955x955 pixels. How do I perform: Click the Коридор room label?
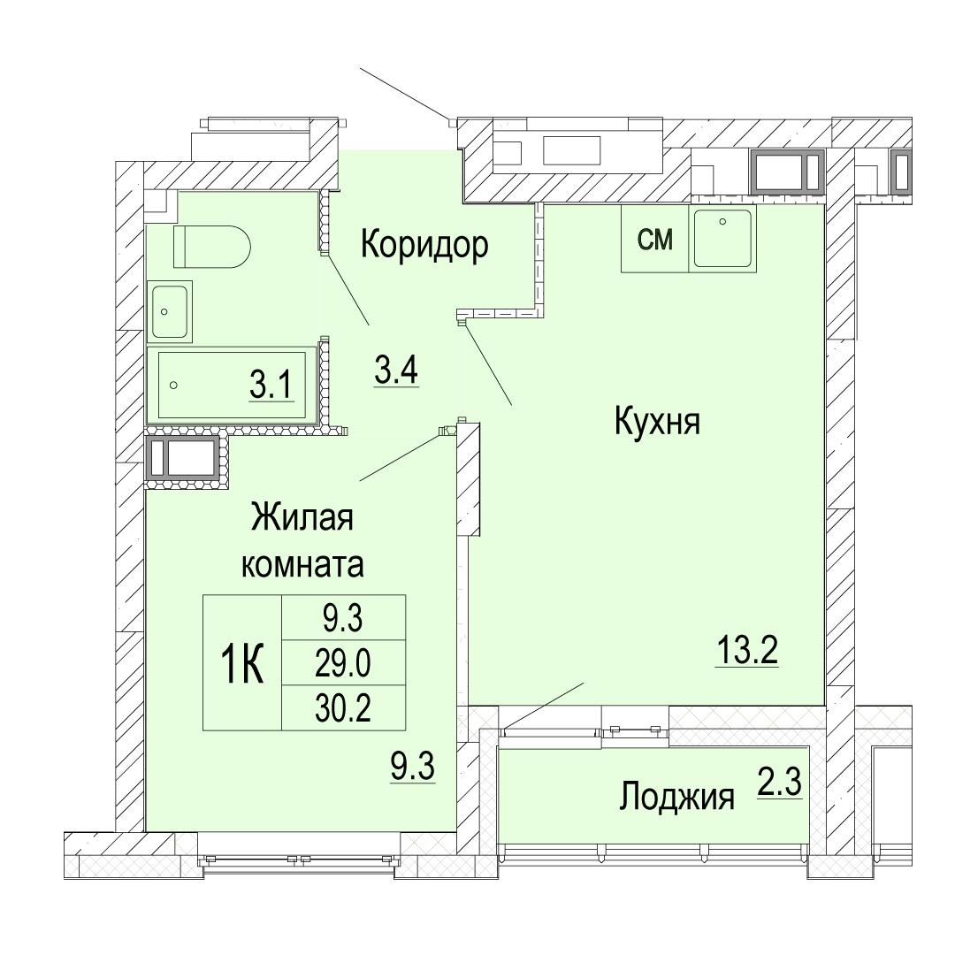tap(424, 246)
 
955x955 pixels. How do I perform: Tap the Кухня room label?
tap(657, 423)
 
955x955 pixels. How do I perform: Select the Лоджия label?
tap(676, 797)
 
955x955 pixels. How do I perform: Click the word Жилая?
tap(302, 517)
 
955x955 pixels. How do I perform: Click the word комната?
tap(303, 563)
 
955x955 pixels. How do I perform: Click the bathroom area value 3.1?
tap(271, 386)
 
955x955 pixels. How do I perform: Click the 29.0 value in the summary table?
tap(343, 662)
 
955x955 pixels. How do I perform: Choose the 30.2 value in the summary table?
tap(343, 707)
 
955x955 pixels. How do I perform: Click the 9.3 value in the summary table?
tap(343, 618)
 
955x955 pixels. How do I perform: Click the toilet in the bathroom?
tap(212, 246)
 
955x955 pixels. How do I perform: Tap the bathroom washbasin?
tap(169, 311)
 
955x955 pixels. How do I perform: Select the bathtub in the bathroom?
tap(235, 386)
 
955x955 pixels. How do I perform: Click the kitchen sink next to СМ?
tap(722, 238)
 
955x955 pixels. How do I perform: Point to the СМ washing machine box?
tap(654, 239)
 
